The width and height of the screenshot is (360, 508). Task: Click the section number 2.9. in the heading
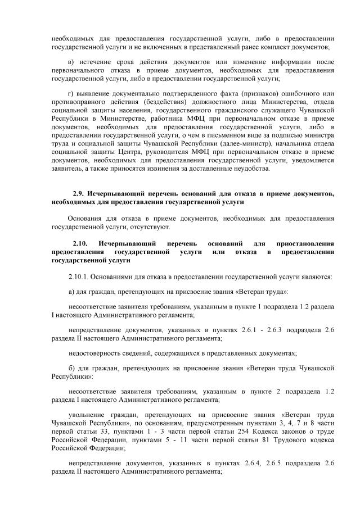click(x=80, y=193)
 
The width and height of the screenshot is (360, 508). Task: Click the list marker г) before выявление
click(x=70, y=93)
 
